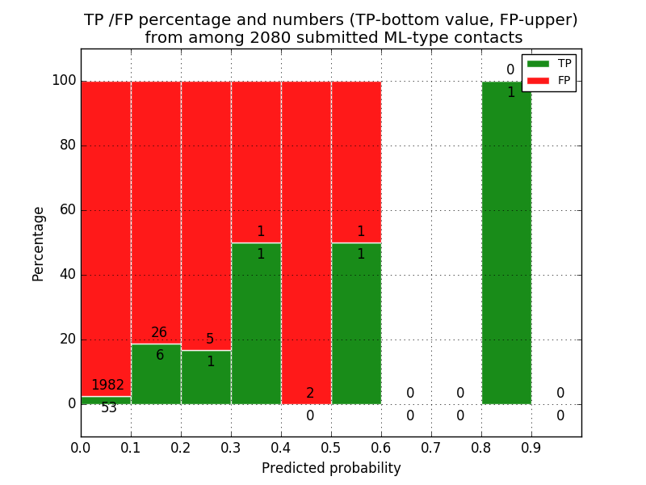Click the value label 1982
(x=108, y=386)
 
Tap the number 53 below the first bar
(x=108, y=408)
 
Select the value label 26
(x=159, y=333)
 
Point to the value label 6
(x=160, y=356)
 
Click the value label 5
(x=210, y=339)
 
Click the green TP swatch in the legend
(x=538, y=63)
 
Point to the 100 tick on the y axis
(x=64, y=81)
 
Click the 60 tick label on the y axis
(x=67, y=210)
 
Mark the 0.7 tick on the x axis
(x=431, y=446)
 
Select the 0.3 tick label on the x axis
(x=231, y=446)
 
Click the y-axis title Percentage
(x=39, y=243)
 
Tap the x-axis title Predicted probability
(x=331, y=469)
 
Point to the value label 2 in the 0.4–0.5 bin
(x=310, y=394)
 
